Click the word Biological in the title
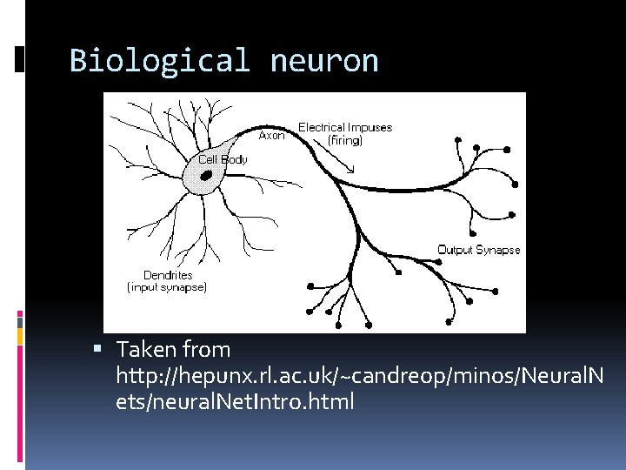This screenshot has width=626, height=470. pos(159,61)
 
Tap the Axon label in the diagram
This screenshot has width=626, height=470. pos(272,136)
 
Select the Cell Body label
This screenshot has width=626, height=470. pos(223,159)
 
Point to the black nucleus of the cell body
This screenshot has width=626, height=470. pos(207,175)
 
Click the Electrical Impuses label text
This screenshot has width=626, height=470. pos(345,127)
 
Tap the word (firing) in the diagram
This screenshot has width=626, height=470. pos(344,139)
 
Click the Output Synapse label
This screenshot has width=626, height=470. pos(478,250)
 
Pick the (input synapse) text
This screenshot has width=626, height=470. pos(167,286)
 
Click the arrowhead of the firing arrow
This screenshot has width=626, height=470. pos(350,170)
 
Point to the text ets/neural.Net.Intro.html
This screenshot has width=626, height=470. pos(235,402)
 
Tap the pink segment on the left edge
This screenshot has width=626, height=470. pos(21,318)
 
